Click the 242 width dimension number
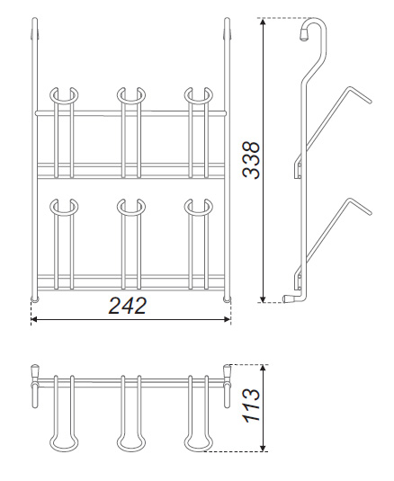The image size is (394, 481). coord(128,306)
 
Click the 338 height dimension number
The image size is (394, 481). coord(251,160)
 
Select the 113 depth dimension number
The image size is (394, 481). coord(251,405)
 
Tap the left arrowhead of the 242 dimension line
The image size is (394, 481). coord(34,319)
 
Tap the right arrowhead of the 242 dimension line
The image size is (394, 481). coord(228,319)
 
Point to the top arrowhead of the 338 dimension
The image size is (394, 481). coord(263,22)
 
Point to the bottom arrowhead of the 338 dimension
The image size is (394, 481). coord(263,298)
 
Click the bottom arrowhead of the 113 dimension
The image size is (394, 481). coord(263,448)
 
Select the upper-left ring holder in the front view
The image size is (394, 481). coord(64,102)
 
